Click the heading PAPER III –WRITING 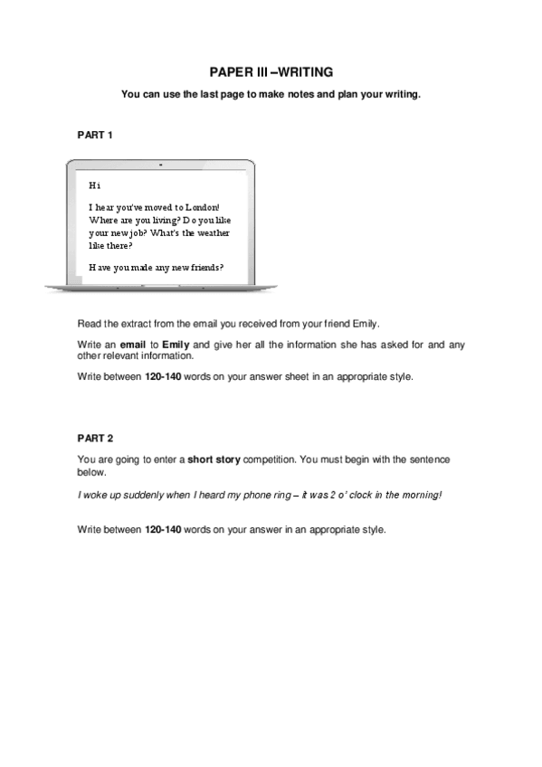click(x=271, y=71)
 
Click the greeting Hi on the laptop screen click(x=94, y=185)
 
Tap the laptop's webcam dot click(x=160, y=165)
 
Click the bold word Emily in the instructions click(x=176, y=345)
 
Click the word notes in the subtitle click(x=304, y=93)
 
